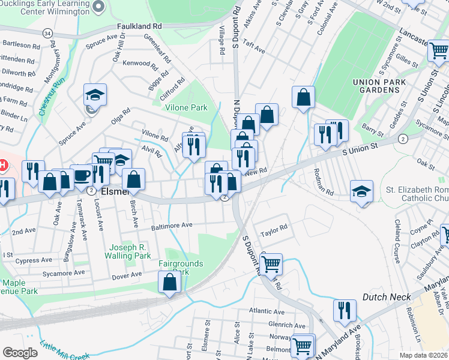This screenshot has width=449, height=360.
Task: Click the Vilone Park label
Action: pos(186,107)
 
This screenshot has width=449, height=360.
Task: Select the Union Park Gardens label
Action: pos(376,86)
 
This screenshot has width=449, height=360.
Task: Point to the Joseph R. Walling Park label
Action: pos(130,251)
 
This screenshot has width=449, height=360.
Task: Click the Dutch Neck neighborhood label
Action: pos(387,297)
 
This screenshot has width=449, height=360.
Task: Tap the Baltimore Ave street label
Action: pos(171,226)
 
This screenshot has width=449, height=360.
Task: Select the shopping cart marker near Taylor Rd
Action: pos(271,262)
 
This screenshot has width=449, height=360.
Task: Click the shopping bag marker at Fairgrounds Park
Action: pos(169,281)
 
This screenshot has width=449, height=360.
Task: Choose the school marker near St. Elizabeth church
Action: pos(361,191)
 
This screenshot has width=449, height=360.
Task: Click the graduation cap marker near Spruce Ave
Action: pos(95,95)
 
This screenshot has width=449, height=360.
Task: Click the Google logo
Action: pos(20,353)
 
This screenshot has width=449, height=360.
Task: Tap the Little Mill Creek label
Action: pos(65,352)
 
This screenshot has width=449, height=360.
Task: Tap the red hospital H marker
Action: pos(3,164)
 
